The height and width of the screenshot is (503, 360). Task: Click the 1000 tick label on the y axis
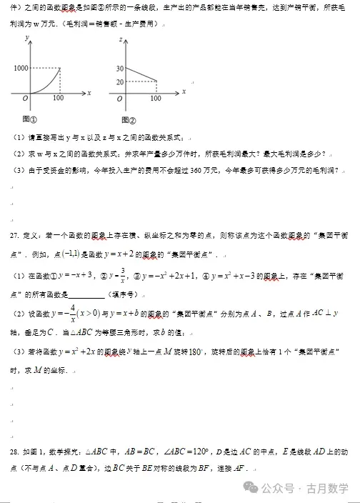pos(21,68)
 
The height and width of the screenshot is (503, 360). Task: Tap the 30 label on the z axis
pos(119,68)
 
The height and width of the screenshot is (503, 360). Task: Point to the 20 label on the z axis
pos(119,81)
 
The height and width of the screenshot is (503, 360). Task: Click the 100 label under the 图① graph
pos(59,98)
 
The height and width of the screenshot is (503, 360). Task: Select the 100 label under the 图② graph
pos(156,98)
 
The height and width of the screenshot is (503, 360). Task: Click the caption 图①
pos(29,119)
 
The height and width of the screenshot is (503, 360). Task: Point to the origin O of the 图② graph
pos(123,97)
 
